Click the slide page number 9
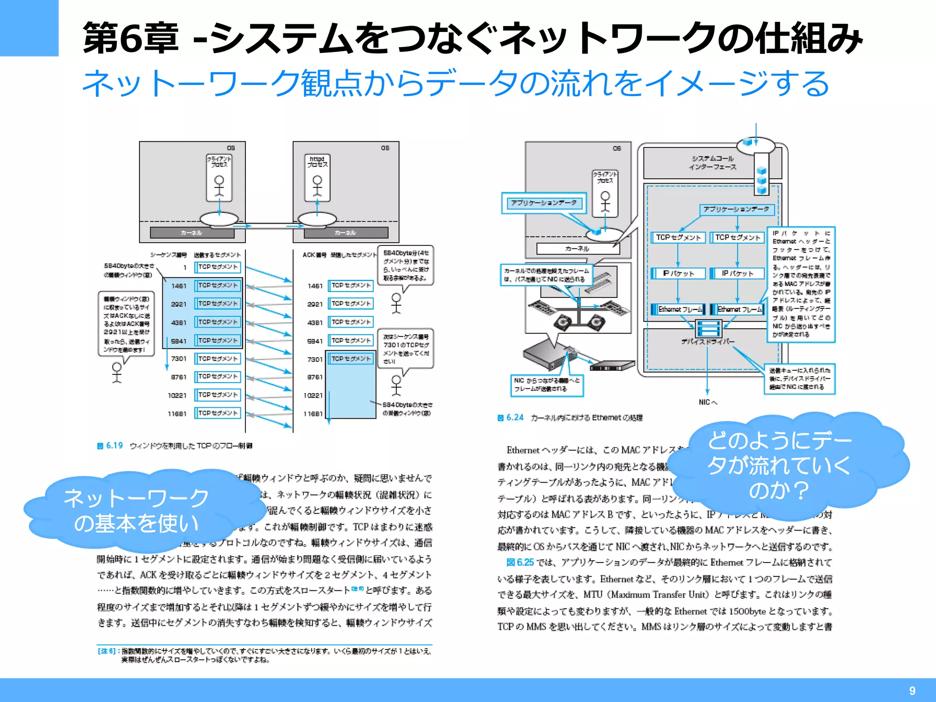[912, 691]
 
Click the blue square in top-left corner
[29, 28]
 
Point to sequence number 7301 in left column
[179, 359]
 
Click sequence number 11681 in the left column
[177, 414]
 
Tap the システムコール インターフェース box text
[713, 163]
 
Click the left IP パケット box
[678, 273]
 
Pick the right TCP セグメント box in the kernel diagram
[738, 238]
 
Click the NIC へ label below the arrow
[707, 402]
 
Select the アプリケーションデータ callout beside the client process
[544, 203]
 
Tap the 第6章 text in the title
[131, 38]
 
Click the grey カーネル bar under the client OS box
[192, 233]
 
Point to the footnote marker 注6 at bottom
[108, 651]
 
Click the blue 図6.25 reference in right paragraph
[520, 562]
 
